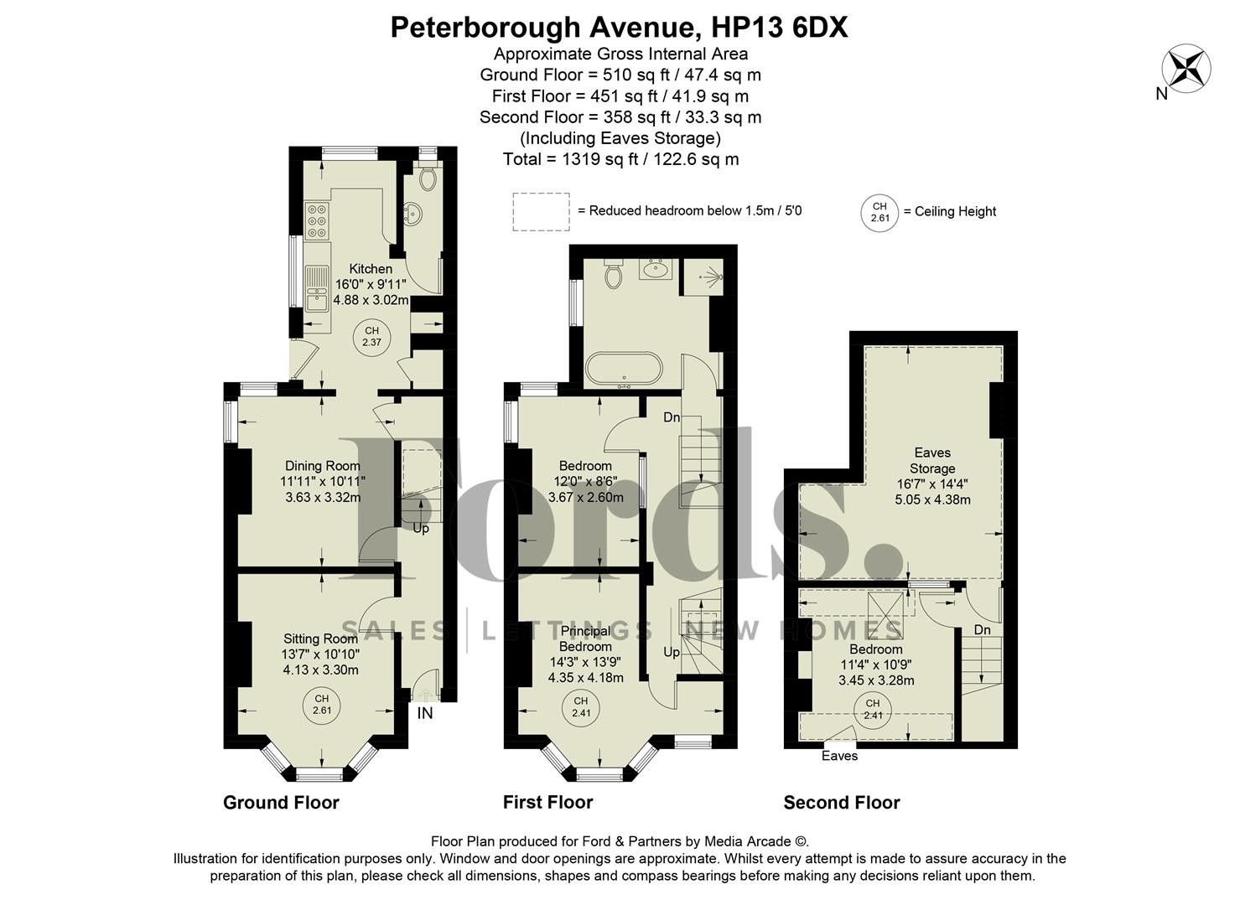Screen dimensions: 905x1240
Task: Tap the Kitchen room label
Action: pos(371,269)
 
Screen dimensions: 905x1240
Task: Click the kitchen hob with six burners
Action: pos(317,221)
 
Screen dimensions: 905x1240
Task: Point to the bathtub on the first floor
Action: pos(623,370)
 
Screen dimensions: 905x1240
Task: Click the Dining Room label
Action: pos(323,466)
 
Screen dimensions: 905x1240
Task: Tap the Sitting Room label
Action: pos(320,639)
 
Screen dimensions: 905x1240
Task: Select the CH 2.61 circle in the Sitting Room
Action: pos(321,705)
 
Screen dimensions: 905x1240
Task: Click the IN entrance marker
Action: pos(425,713)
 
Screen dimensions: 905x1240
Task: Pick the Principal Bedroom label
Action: pos(585,639)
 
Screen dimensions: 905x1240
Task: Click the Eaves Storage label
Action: pos(932,461)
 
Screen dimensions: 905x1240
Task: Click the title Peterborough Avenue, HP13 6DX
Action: pos(620,28)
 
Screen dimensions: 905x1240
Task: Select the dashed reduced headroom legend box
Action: pos(541,211)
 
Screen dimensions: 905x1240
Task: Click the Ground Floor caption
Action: pos(281,803)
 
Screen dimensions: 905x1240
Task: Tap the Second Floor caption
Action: pos(841,803)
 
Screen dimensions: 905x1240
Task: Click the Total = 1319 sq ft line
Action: pos(620,159)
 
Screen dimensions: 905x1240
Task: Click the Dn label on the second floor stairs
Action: pos(982,630)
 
